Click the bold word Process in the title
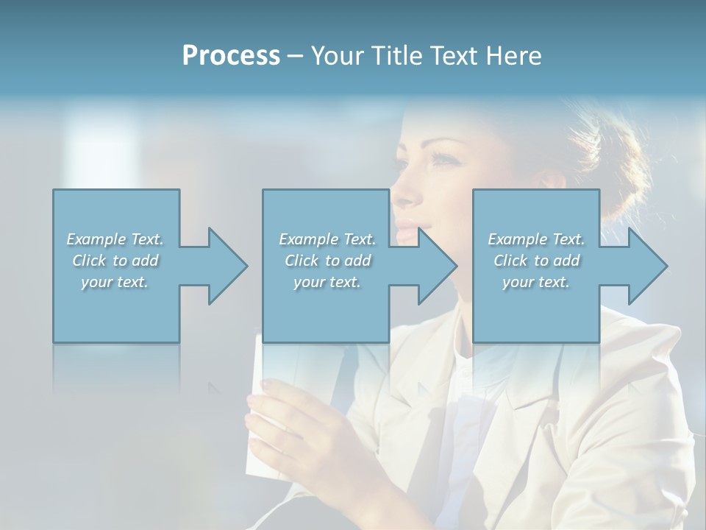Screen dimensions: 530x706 (x=231, y=56)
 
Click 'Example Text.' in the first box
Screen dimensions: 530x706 (x=115, y=239)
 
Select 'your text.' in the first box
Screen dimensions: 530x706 (x=115, y=282)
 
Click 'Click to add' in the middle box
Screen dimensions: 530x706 (x=327, y=261)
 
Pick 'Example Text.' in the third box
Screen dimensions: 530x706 (x=536, y=239)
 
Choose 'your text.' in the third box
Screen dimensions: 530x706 (x=536, y=282)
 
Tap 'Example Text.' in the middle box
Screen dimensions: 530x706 (x=327, y=239)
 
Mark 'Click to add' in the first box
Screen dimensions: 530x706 (x=115, y=261)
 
